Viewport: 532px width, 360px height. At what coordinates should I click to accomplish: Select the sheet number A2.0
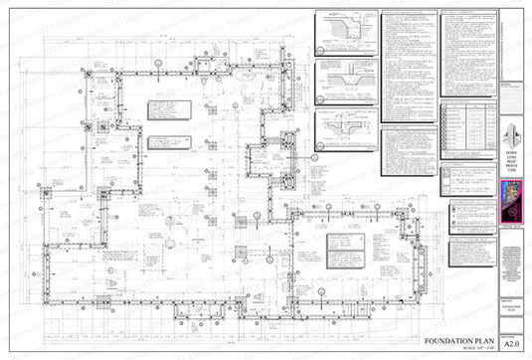click(x=512, y=341)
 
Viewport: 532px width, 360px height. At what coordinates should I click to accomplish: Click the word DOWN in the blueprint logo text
click(x=513, y=150)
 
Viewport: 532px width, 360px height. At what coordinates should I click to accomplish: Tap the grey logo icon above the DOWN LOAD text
click(x=513, y=133)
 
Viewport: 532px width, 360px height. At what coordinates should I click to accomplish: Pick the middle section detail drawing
click(x=345, y=80)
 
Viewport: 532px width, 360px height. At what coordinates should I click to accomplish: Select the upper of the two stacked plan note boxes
click(x=166, y=110)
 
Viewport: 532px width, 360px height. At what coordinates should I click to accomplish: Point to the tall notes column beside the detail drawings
click(x=409, y=65)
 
